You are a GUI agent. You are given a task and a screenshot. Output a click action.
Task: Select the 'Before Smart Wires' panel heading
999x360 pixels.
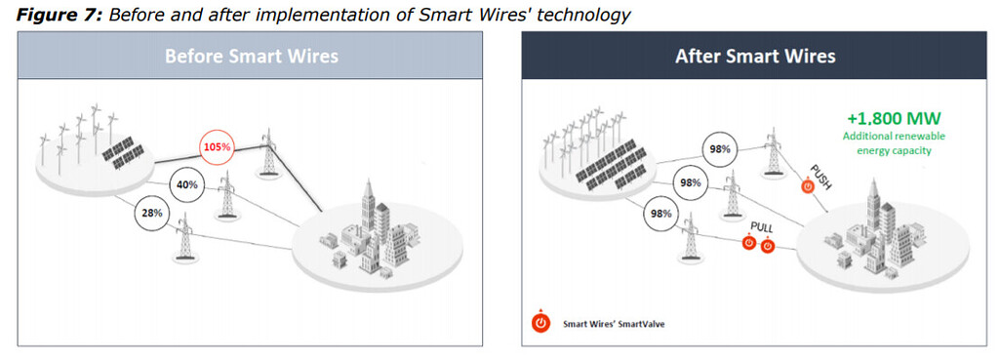[x=251, y=56]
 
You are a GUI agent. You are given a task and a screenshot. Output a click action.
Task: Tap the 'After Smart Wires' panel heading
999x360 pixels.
[x=755, y=56]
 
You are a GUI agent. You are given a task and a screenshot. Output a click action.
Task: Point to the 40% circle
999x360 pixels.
[x=186, y=182]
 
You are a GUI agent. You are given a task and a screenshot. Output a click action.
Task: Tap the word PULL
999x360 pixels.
[x=761, y=227]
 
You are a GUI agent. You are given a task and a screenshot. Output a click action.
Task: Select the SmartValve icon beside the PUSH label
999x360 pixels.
[x=808, y=186]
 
